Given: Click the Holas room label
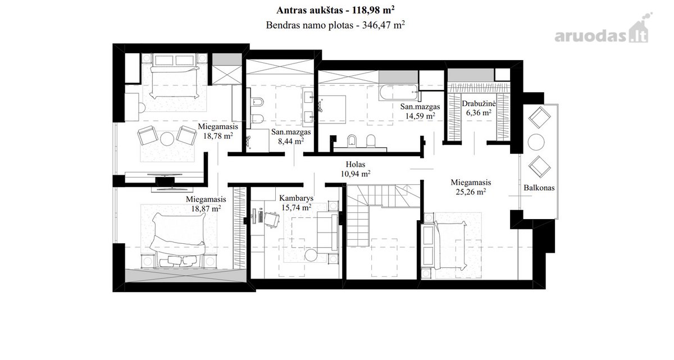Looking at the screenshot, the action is tap(356, 164).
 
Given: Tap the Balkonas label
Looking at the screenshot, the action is tap(539, 188).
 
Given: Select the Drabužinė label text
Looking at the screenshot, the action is tap(479, 103).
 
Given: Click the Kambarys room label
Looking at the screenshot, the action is tap(296, 198).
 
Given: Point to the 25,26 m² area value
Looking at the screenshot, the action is tap(471, 192).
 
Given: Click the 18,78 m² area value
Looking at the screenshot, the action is tap(218, 136).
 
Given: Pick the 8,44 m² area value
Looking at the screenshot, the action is tap(291, 141).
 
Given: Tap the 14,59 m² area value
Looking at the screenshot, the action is tap(420, 116).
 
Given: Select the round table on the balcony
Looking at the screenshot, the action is tap(536, 142).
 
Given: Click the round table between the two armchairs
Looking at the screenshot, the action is tap(167, 139).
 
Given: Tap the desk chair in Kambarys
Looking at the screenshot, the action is tap(272, 220).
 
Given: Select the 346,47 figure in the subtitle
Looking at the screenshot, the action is tap(376, 25).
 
